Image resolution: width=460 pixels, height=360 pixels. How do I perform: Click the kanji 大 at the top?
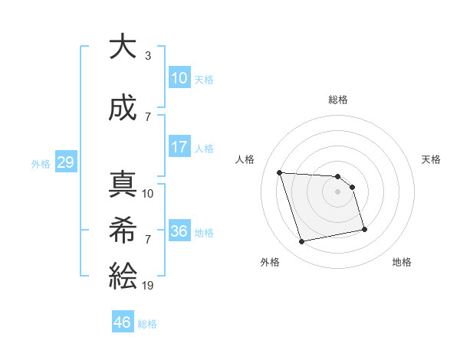[123, 47]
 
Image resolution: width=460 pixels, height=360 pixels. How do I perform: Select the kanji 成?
[123, 109]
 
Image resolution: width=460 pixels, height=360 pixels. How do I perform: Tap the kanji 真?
[123, 185]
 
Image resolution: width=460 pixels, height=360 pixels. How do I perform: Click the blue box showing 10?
[179, 77]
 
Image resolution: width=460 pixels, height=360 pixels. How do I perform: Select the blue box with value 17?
[179, 147]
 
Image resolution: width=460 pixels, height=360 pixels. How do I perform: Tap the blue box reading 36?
[179, 231]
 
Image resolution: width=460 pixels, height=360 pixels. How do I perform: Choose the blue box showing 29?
[65, 162]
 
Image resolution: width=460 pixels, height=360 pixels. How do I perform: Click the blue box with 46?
[123, 322]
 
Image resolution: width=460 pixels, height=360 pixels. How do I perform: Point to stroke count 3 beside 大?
[148, 56]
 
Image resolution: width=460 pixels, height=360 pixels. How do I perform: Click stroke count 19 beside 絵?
[148, 285]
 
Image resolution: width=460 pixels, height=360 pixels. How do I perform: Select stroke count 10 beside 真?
[148, 194]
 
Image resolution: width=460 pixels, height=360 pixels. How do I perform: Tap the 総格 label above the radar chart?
[338, 100]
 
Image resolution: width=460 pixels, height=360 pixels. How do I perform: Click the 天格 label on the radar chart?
[431, 159]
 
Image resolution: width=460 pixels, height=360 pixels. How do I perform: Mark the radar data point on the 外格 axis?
[302, 241]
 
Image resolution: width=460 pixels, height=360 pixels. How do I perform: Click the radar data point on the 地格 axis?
[364, 229]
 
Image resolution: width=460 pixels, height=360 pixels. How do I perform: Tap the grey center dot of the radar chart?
[338, 191]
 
